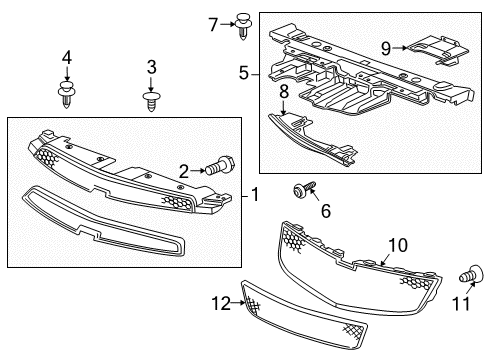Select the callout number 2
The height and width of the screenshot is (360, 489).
coord(184,170)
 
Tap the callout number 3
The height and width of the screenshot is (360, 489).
coord(152,68)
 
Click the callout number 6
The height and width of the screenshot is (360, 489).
coord(324,212)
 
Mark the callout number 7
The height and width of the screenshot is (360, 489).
coord(212,22)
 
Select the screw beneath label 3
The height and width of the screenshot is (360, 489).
coord(152,100)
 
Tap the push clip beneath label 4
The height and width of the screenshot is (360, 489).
coord(67,96)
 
